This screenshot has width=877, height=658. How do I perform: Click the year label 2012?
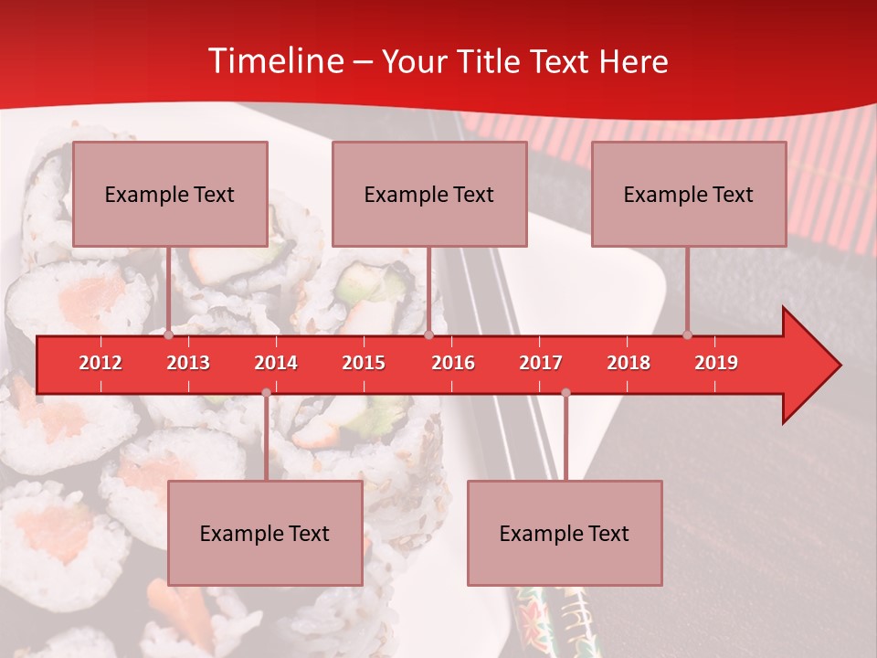100,363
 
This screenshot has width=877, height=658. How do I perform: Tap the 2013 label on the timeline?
188,363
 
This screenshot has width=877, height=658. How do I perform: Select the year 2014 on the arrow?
276,363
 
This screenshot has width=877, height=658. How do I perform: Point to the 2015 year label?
364,363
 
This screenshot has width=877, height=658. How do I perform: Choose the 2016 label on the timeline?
453,363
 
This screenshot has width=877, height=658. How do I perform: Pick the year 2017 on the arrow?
541,363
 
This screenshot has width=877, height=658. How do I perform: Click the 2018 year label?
629,363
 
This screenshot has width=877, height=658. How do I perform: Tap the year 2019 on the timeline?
716,363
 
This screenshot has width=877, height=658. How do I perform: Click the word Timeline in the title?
275,61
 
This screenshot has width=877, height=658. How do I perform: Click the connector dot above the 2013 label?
169,335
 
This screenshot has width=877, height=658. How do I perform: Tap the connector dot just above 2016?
428,335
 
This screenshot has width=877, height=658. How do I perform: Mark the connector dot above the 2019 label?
688,335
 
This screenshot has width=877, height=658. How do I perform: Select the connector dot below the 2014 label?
266,393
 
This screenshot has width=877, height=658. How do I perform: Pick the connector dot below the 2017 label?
565,393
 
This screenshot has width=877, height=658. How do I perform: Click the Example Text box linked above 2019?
689,194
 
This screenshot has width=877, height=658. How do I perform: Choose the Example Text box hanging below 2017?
565,533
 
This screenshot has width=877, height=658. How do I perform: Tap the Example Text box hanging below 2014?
265,533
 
